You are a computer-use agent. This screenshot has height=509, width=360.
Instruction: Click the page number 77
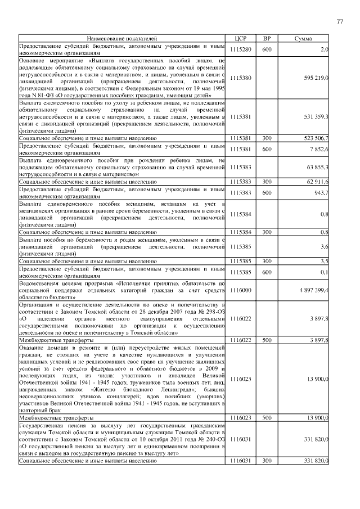coord(340,21)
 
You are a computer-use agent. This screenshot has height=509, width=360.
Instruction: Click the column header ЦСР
coord(241,38)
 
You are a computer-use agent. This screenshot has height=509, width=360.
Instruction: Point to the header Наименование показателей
coord(122,38)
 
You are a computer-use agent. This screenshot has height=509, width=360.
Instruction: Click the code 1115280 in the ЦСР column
coord(241,49)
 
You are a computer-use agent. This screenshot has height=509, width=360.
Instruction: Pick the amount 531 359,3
coord(316,116)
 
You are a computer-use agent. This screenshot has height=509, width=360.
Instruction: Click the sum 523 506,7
coord(317,137)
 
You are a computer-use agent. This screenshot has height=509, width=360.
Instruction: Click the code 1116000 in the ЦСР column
coord(241,290)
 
